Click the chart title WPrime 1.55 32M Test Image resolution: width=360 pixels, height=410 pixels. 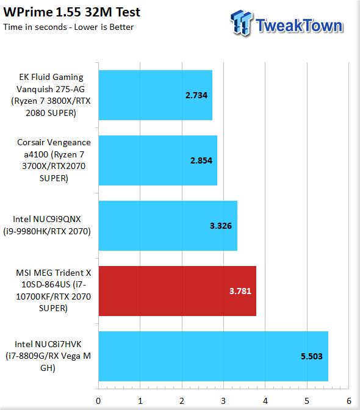(72, 12)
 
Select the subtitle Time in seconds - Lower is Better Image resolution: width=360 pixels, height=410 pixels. (68, 27)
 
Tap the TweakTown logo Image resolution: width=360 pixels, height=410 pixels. (287, 24)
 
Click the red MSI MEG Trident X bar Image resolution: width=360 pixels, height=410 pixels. (178, 291)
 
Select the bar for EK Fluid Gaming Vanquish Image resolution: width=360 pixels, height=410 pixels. (156, 95)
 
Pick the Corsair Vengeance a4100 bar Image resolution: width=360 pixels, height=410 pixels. (157, 160)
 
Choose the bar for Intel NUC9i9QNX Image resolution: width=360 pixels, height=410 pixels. (168, 226)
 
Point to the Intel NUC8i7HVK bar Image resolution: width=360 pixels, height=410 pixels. (214, 356)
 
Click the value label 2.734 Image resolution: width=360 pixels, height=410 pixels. (196, 95)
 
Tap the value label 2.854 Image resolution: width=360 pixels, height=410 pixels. (201, 160)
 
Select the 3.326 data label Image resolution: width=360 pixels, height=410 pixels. (221, 226)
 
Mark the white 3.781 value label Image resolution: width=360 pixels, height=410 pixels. (240, 291)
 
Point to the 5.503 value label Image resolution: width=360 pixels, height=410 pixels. (312, 356)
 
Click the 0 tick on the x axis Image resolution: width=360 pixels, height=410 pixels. (98, 401)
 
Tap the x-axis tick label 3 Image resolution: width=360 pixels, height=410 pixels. (223, 401)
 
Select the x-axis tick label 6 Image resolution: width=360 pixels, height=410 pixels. (349, 401)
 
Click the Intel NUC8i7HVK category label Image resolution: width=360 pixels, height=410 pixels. (48, 356)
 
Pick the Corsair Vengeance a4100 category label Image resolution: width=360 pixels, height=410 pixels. (54, 160)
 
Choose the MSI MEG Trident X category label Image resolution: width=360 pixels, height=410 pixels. (53, 290)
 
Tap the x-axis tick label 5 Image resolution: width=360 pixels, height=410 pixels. (307, 401)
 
